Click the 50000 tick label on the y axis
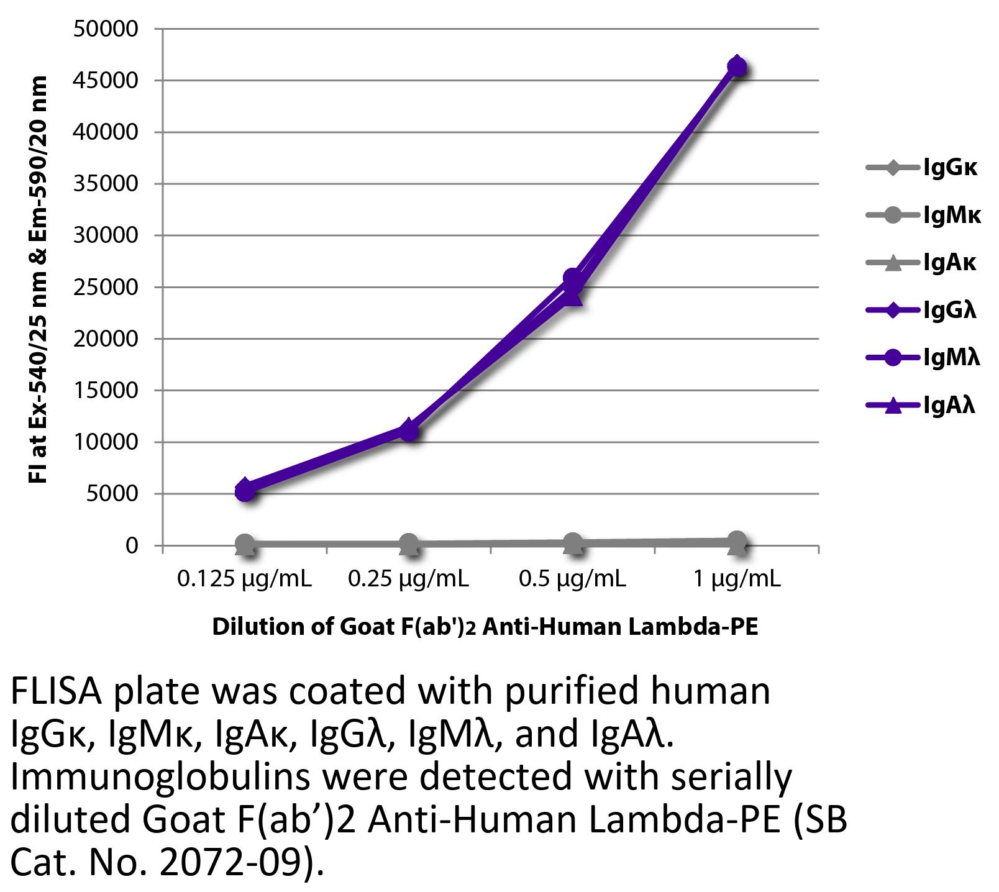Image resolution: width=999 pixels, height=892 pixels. pos(105,29)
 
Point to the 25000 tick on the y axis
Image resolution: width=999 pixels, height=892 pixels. pos(105,288)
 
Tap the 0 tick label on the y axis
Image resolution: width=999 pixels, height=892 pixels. pos(131,546)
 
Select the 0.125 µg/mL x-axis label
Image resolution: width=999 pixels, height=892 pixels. pos(244,579)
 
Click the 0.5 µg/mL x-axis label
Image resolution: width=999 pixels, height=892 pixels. pos(572,579)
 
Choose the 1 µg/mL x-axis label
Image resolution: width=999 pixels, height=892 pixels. pos(736,579)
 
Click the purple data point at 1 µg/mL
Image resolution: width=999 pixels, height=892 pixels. pos(736,66)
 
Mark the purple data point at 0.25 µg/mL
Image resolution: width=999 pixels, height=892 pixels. pos(408,430)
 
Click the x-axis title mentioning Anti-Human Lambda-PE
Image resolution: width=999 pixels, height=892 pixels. pos(485,627)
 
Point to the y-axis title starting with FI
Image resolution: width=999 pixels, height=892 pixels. pos(39,280)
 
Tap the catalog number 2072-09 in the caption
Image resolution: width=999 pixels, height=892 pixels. pos(234,863)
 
